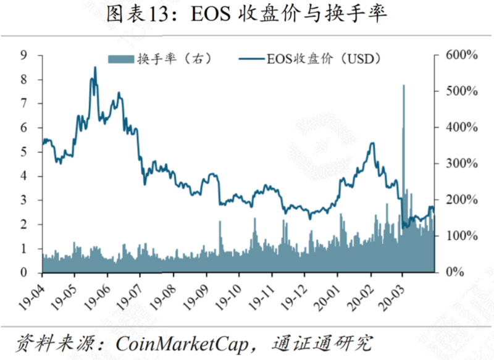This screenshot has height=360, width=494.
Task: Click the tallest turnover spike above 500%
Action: pos(403,86)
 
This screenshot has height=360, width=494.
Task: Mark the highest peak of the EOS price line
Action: pos(95,68)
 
